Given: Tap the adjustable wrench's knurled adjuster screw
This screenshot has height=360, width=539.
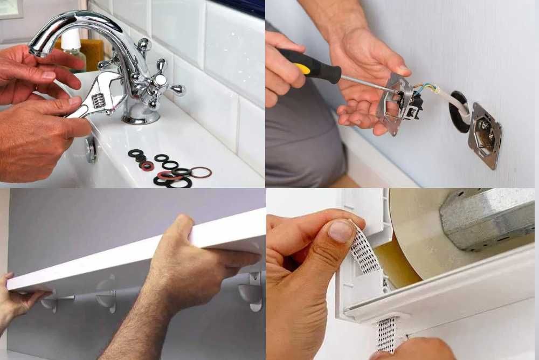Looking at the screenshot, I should [99, 100].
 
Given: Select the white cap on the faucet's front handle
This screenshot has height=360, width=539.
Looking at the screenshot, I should [160, 81].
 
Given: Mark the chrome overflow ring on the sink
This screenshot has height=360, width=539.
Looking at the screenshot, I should [92, 149].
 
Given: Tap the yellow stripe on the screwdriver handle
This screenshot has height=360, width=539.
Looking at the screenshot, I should [303, 68].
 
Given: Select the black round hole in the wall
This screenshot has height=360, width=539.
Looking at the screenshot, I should [459, 111].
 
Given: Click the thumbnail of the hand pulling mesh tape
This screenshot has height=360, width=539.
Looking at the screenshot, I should [341, 231].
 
